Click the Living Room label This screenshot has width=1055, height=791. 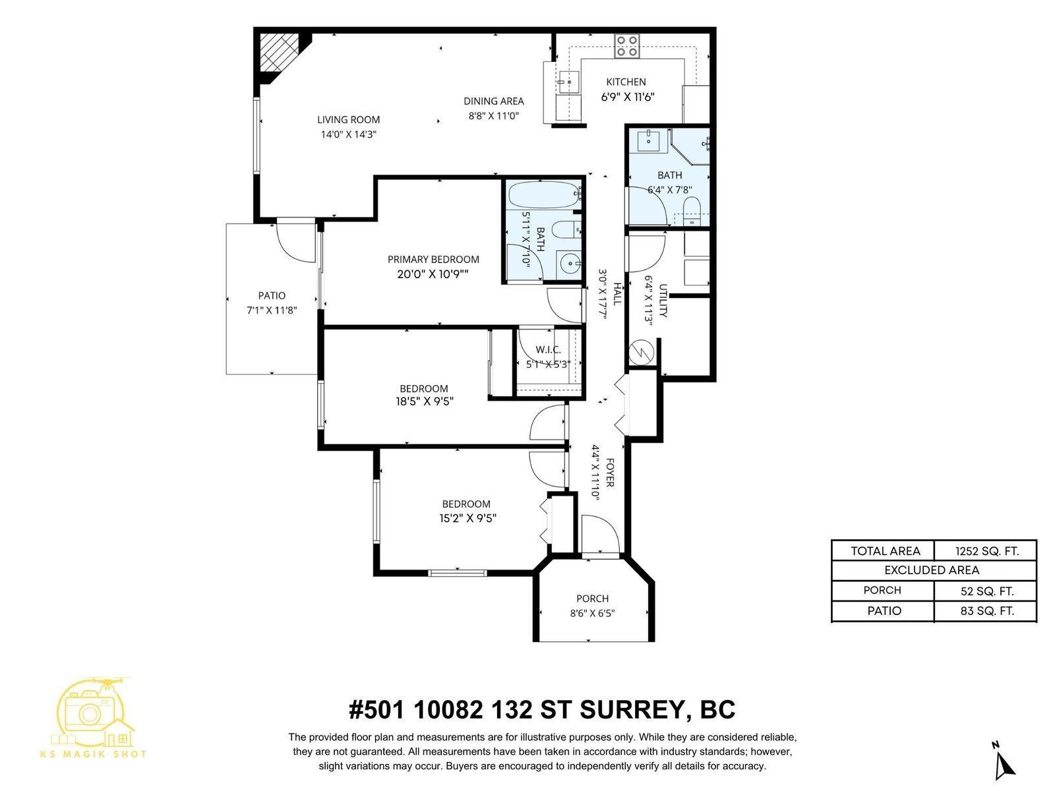coord(348,119)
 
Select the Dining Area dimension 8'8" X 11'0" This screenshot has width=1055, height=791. coord(494,115)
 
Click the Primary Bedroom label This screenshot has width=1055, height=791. coord(433,259)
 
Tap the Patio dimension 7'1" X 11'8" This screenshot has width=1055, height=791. coord(272,310)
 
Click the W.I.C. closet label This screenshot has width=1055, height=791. coord(548,349)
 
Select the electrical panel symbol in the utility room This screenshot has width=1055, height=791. coord(640,352)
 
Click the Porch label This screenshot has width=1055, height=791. coord(592,599)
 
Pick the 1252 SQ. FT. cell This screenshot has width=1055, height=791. coord(986,551)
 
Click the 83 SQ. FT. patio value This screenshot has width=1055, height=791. coord(986,611)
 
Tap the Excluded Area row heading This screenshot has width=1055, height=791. coord(932,570)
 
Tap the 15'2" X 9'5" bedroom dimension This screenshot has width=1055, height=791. coord(467,518)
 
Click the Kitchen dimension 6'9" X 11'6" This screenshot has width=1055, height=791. coord(627,97)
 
